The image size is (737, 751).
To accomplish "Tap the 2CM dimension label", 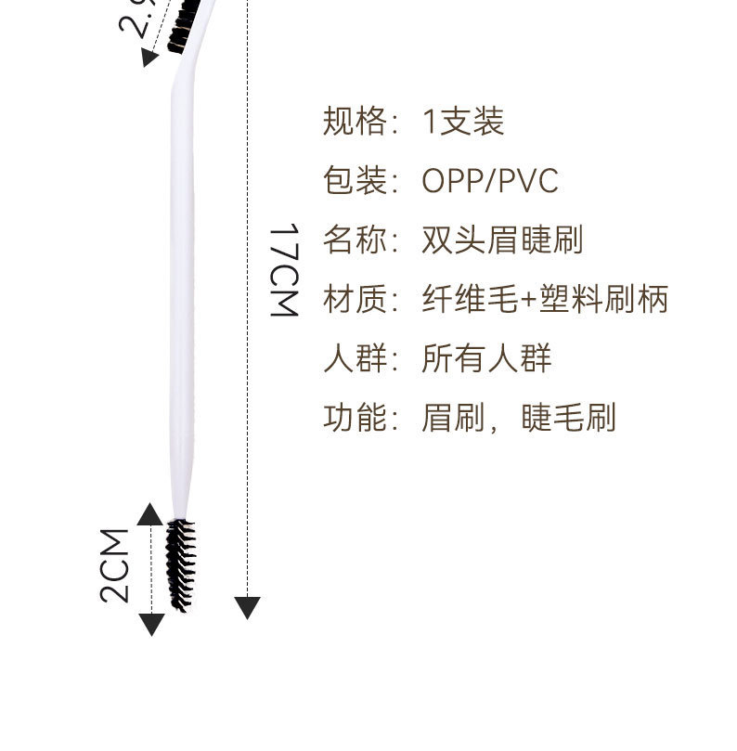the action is point(115,565).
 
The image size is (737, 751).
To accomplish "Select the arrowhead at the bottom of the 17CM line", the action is point(247,608).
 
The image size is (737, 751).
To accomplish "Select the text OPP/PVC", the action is point(490,181).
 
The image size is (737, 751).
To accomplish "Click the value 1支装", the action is point(463,122).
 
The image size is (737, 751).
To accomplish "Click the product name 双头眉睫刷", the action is point(502,240).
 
